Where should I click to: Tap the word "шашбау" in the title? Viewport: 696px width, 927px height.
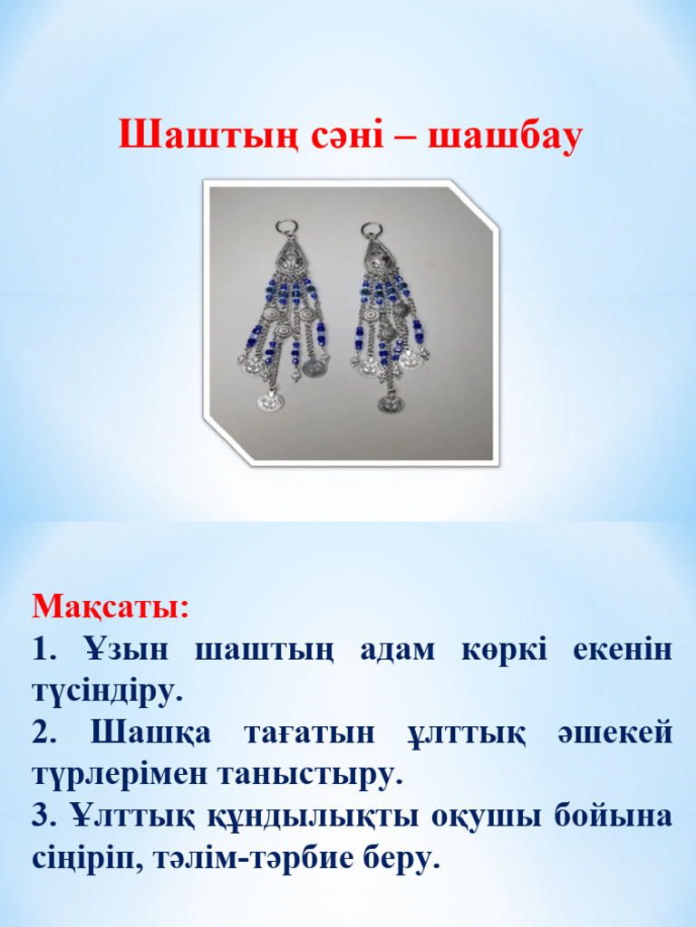pos(504,137)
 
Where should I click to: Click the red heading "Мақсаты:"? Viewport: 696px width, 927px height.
pos(111,605)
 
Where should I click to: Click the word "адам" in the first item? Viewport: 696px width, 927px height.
pos(397,648)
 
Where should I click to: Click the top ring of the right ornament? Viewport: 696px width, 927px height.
pos(370,230)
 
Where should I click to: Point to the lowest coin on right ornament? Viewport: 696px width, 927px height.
pos(391,403)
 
